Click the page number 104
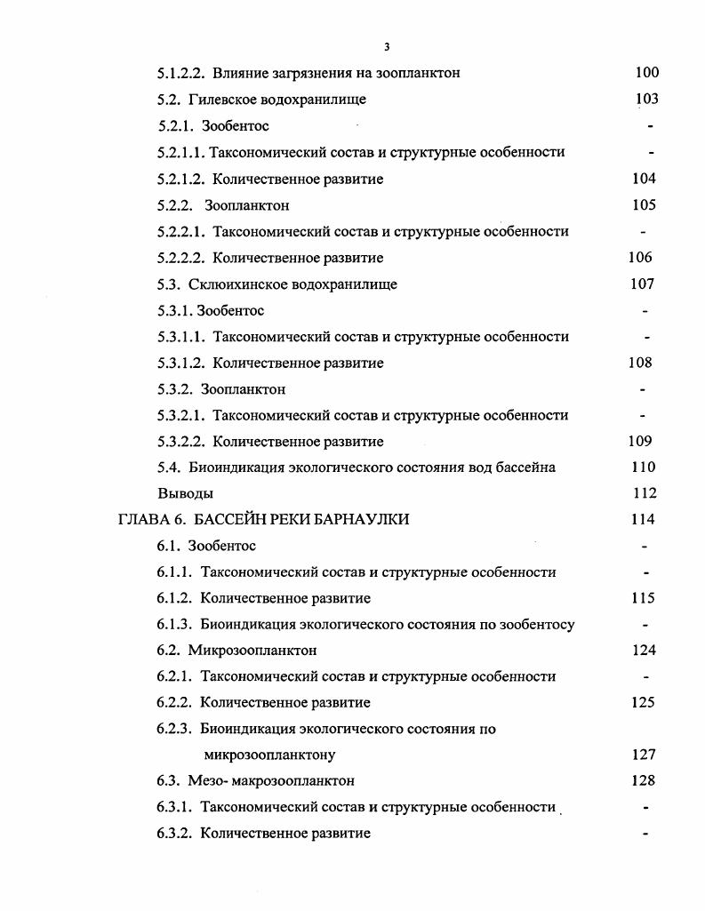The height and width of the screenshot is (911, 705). point(644,179)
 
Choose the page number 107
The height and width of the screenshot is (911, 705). point(642,284)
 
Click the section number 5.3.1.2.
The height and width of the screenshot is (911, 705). point(181,363)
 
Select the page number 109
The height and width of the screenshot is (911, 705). point(640,441)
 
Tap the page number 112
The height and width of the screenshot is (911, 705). point(644,493)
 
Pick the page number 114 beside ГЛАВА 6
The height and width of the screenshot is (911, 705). point(643,519)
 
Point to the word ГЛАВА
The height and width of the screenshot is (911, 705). point(140,519)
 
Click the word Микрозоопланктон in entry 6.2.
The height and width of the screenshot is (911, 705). point(252,651)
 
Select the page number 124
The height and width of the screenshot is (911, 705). point(644,651)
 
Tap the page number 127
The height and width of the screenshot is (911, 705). point(644,755)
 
